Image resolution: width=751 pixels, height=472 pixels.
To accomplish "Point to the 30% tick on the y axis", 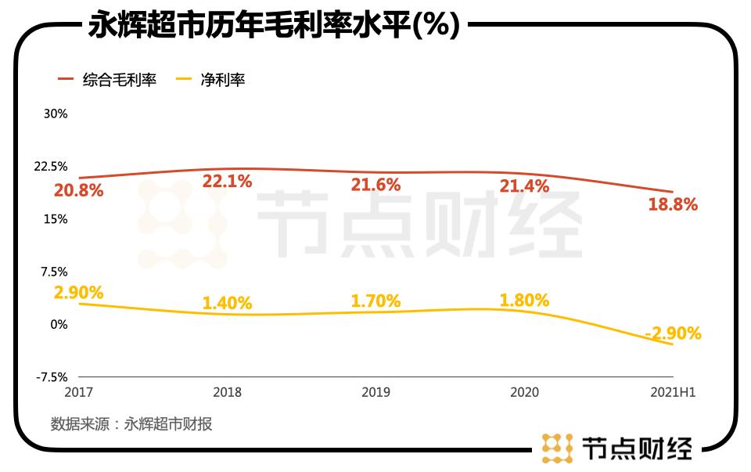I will pos(56,113).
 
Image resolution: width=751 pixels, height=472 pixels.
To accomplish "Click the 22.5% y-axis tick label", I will pos(52,167).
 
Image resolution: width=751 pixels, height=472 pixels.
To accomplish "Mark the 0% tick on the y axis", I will pos(59,324).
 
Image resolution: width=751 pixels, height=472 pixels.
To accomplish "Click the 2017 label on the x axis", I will pos(79,392).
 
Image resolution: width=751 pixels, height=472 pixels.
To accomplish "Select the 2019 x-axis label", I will pos(375,392).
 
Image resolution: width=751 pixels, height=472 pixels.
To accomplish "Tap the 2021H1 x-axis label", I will pos(673,392).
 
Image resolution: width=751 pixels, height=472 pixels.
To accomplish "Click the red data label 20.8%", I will pos(78,189).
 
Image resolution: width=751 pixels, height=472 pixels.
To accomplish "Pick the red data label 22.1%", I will pos(227,182).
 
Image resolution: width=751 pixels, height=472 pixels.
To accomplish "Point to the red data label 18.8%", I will pos(673,204).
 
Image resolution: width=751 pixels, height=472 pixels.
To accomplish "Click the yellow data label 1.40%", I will pos(227,302).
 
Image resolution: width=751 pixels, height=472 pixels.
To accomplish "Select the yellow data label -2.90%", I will pos(673,333).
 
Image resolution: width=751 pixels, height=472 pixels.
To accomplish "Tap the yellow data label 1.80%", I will pos(524,300).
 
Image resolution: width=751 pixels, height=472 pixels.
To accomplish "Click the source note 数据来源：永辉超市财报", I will pos(131,424).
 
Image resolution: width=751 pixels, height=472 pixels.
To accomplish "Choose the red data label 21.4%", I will pos(524,186).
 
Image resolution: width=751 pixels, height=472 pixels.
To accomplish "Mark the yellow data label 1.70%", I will pos(375,301).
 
